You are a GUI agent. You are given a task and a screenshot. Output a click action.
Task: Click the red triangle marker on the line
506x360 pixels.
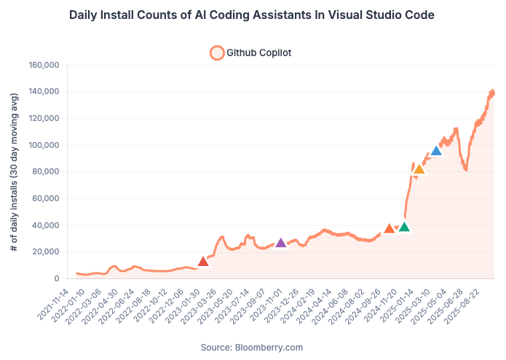tap(204, 262)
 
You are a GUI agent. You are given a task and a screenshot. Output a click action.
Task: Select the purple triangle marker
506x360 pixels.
tap(281, 243)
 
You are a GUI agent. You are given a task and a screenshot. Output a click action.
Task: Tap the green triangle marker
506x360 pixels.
tap(404, 227)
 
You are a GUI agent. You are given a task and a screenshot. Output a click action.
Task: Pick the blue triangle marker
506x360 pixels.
tap(436, 152)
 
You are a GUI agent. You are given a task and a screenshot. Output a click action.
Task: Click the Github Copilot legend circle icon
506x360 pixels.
tap(216, 52)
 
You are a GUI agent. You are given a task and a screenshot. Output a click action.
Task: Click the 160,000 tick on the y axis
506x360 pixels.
tap(43, 65)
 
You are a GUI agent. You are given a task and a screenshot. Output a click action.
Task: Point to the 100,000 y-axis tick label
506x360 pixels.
tap(43, 145)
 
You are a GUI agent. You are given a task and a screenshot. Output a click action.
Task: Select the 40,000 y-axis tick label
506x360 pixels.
tap(45, 225)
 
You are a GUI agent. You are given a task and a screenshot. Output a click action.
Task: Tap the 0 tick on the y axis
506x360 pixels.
tap(56, 278)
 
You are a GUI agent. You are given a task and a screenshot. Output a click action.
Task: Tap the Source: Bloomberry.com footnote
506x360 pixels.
tap(252, 347)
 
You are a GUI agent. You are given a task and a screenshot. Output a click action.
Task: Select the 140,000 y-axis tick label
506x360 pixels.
tap(43, 92)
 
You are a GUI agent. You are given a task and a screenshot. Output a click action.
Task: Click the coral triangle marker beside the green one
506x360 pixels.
tap(390, 229)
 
